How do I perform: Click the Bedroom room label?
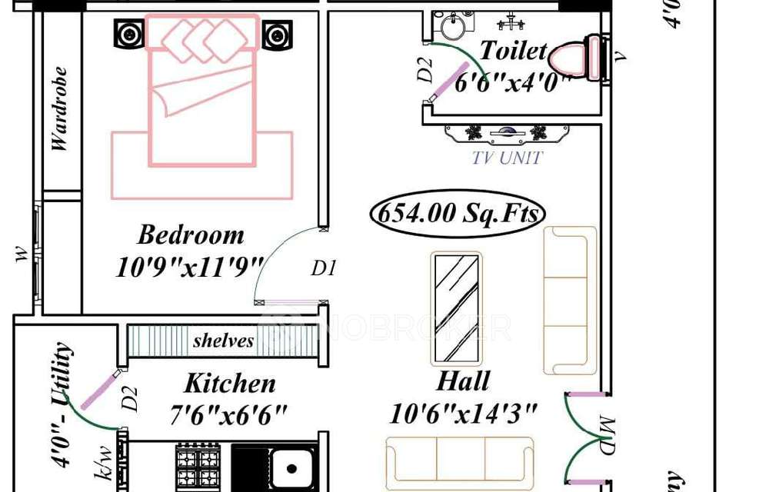pos(191,234)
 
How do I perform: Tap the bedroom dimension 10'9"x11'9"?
pos(190,267)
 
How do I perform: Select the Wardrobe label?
pos(59,109)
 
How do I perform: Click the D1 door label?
pos(324,268)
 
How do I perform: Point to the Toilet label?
pos(513,51)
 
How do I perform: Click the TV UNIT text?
pos(508,158)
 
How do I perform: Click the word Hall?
pos(463,381)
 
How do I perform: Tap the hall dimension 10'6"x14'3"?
pos(462,414)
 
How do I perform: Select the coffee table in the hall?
pos(455,308)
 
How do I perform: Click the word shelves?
pos(223,341)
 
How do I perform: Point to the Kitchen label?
pos(229,383)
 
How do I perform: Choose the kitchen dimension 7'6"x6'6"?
pos(228,416)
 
